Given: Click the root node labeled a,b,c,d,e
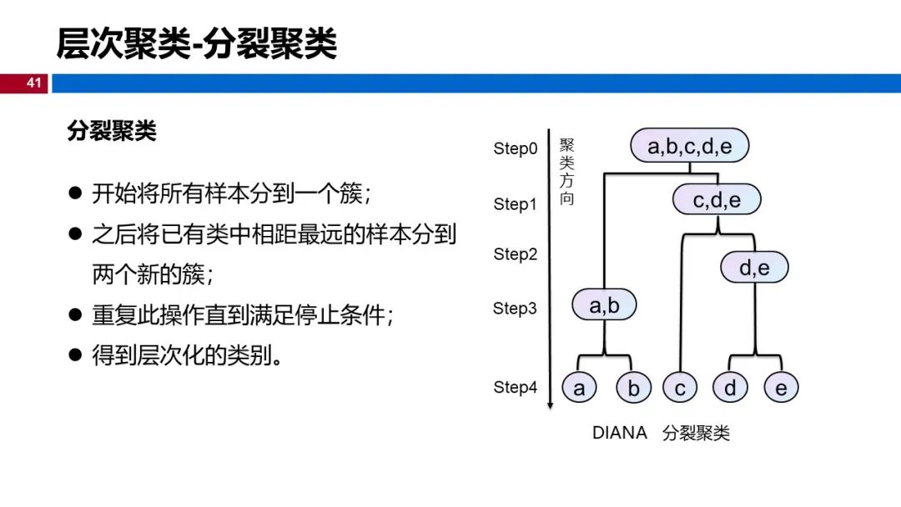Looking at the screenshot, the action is (690, 146).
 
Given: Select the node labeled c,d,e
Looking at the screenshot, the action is (717, 200).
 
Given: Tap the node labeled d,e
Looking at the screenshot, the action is (754, 267).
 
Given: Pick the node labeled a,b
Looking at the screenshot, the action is (604, 305).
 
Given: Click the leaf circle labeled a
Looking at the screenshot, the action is (579, 388).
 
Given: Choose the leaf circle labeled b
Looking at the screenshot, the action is (633, 388).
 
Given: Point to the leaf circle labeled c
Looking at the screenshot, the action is (680, 388).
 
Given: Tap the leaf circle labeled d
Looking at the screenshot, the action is (730, 388).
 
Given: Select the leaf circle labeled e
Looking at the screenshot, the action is (781, 388).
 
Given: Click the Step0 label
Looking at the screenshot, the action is (515, 148).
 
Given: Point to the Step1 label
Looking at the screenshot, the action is (515, 203).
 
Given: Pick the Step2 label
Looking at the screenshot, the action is (515, 254).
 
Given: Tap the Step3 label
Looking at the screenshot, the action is (515, 309).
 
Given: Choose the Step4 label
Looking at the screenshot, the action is (515, 387).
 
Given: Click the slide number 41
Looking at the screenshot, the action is (34, 83).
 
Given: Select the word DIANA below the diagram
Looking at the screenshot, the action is (619, 432).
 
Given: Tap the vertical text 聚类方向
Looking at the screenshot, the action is (566, 172).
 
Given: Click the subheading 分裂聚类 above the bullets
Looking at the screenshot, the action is (112, 131).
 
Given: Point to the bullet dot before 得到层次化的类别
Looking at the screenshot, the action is (75, 355).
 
